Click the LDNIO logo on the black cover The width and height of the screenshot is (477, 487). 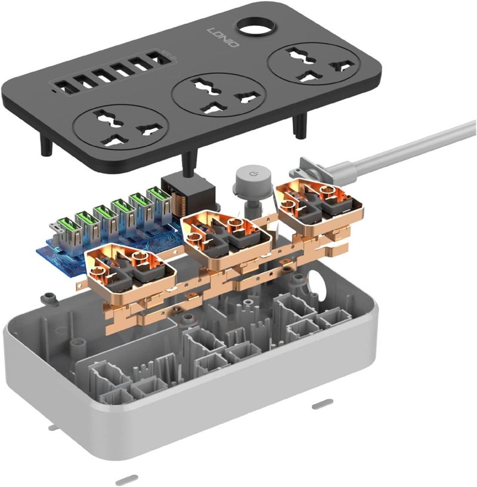[223, 38]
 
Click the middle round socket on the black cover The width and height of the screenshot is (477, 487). [219, 95]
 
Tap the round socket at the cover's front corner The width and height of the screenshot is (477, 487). [121, 126]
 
